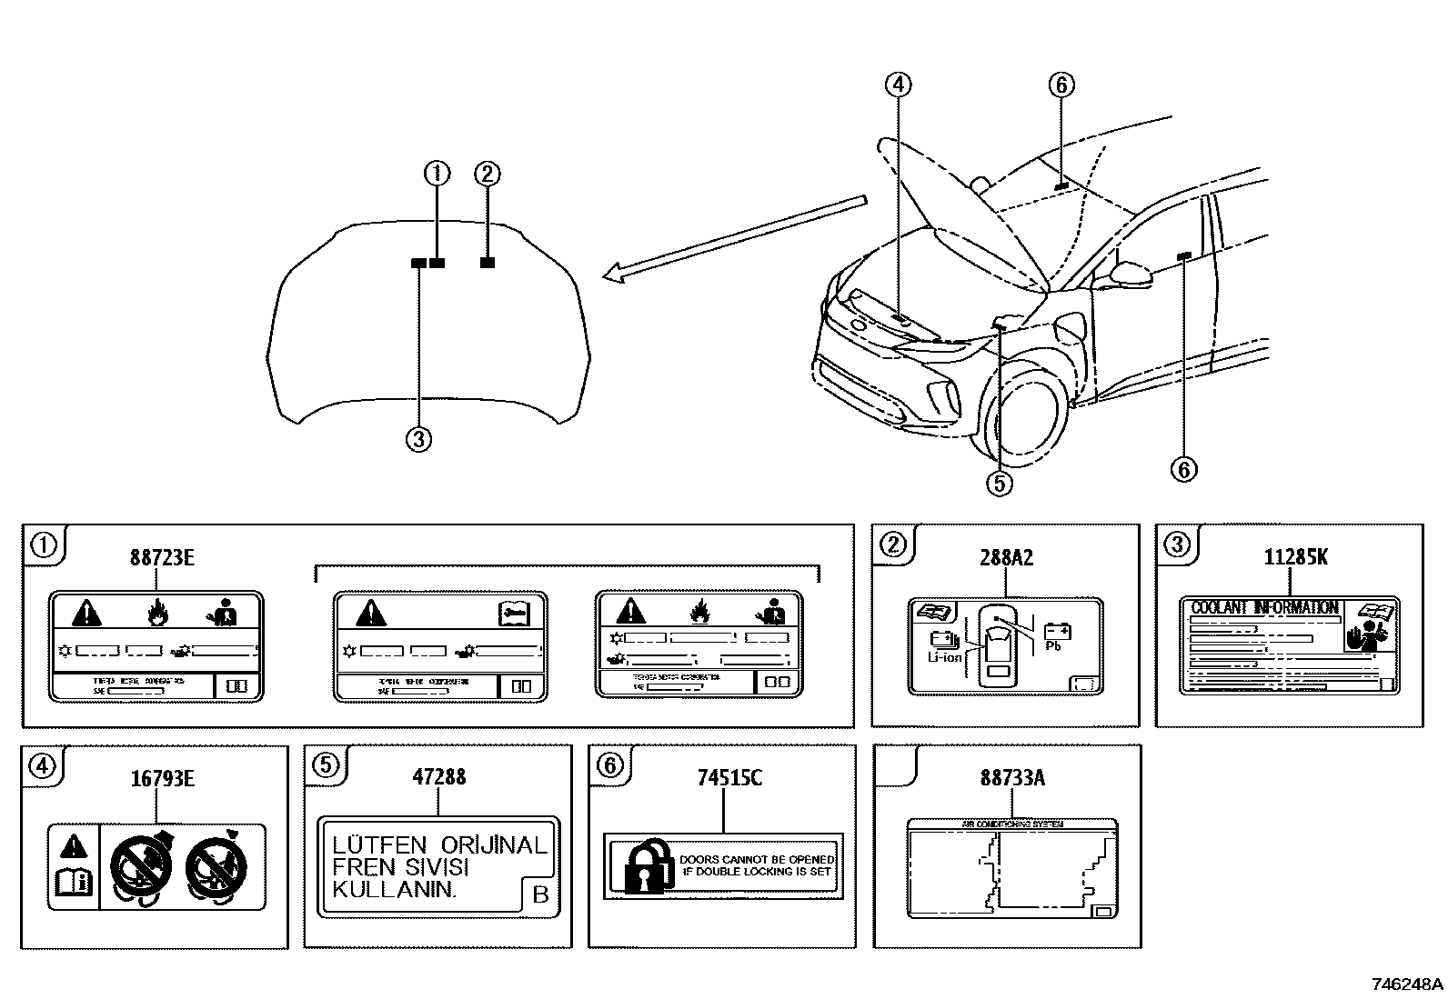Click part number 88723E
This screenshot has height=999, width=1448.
pos(161,557)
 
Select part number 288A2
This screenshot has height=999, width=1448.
pos(1006,557)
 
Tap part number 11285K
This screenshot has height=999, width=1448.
pos(1294,557)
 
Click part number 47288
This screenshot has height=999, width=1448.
pos(439,777)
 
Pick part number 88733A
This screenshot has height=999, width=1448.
pos(1012,778)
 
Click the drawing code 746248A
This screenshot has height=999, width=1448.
pos(1407,984)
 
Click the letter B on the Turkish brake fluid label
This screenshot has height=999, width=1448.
pos(540,895)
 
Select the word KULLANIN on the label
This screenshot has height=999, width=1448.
pos(393,889)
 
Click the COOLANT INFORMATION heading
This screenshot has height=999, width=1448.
pos(1264,607)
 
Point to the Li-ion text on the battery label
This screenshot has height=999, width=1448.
pos(943,656)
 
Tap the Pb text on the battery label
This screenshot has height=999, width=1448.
pos(1053,646)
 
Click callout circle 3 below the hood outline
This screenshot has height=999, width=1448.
pos(417,440)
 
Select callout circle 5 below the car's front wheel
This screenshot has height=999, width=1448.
pos(999,483)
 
